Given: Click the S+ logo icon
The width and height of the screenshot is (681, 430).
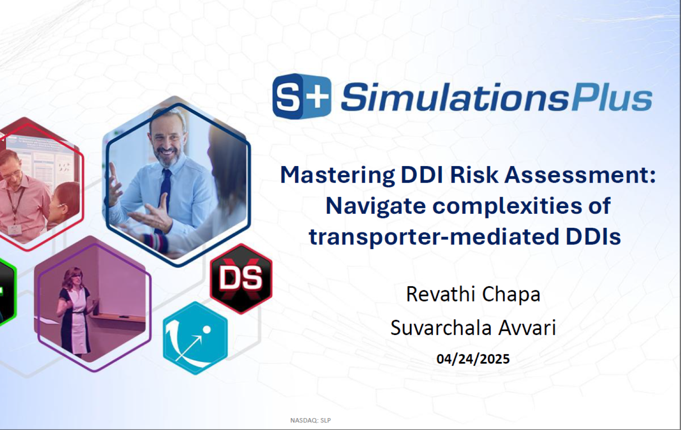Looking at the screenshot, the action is click(302, 96).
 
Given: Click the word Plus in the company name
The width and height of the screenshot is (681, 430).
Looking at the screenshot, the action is click(612, 97).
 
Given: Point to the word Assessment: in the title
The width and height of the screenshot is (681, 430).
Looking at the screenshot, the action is click(580, 175).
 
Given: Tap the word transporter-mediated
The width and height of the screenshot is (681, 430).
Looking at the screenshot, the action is click(434, 237).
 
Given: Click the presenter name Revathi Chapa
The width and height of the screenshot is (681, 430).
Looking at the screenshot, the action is click(473, 294).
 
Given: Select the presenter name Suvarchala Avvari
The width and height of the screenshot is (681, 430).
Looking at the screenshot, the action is click(473, 327).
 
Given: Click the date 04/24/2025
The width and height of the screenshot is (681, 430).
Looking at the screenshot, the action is click(473, 359).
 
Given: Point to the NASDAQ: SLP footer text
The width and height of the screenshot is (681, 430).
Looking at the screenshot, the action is click(310, 420).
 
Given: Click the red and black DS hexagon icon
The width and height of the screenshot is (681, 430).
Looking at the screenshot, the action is click(241, 278).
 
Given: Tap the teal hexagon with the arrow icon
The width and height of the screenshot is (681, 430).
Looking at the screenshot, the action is click(195, 338).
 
